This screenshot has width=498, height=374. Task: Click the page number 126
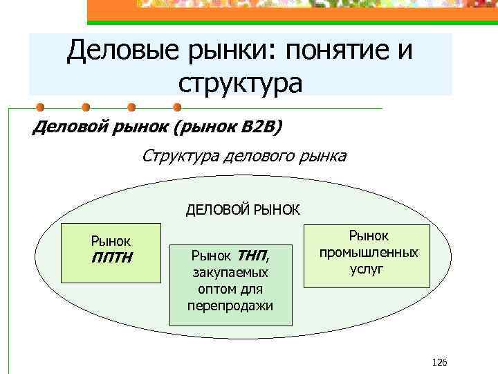[439, 362]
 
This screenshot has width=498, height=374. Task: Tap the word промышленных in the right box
[368, 252]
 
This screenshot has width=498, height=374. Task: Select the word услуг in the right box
[368, 268]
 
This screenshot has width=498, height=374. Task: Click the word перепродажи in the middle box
[230, 305]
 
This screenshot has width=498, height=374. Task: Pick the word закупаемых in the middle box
[230, 274]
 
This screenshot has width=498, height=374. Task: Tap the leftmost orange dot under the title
[41, 107]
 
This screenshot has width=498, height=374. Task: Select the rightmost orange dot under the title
[176, 107]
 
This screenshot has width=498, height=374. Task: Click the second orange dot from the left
[86, 107]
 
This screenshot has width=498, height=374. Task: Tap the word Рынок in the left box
[111, 242]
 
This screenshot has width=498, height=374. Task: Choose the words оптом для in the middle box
[230, 290]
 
